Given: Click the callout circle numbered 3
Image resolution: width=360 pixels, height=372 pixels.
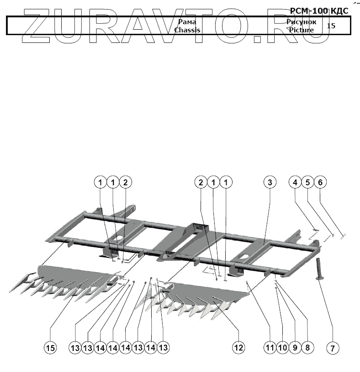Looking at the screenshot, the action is [x=270, y=183].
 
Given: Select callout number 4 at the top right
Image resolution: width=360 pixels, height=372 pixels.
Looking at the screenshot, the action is [x=295, y=183].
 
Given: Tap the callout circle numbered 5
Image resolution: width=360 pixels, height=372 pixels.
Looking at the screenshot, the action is [x=307, y=183].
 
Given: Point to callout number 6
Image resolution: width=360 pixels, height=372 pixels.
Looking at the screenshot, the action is [x=320, y=183].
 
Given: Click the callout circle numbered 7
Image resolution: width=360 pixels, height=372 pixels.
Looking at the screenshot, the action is [x=333, y=348].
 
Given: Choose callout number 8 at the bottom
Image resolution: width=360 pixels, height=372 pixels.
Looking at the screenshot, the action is [x=307, y=348].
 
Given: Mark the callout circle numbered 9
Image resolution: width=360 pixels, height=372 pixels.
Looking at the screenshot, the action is [x=295, y=348].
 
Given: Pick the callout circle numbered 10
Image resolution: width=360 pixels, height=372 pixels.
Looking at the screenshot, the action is [x=282, y=348].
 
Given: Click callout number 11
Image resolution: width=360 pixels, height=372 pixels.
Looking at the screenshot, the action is [x=270, y=348].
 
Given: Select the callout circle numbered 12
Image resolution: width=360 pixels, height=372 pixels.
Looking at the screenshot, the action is [x=238, y=348].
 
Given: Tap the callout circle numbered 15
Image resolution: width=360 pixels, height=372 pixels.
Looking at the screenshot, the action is [x=50, y=348].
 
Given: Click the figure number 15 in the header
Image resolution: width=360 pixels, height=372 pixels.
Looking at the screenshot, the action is [x=331, y=26].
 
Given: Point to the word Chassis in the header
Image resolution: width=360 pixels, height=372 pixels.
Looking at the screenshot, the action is [x=187, y=30].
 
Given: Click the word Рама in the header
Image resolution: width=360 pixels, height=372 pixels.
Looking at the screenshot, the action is [x=188, y=22].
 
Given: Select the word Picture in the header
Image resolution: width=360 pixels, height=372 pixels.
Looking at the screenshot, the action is [x=301, y=30].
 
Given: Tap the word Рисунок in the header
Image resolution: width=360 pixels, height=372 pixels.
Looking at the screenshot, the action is [x=302, y=22].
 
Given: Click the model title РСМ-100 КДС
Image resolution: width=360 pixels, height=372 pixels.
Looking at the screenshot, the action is [x=319, y=10].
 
